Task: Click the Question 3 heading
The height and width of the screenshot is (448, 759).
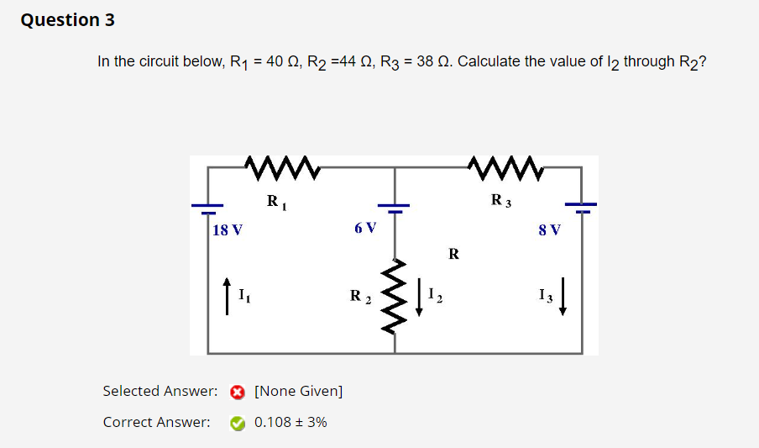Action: click(68, 20)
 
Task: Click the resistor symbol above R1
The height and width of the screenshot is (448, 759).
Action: click(281, 166)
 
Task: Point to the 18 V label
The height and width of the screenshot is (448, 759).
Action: click(228, 229)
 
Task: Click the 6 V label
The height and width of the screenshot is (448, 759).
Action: click(365, 228)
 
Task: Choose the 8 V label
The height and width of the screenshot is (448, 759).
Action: click(550, 229)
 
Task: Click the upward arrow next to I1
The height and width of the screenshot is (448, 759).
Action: click(226, 298)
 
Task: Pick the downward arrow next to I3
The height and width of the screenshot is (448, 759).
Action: click(563, 298)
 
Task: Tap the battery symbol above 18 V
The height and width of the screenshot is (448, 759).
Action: click(208, 205)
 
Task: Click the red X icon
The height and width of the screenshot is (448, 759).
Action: click(238, 392)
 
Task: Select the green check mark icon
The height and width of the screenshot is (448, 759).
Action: click(238, 423)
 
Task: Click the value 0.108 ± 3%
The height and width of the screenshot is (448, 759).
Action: click(291, 422)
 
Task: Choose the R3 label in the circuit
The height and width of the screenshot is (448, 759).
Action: click(500, 201)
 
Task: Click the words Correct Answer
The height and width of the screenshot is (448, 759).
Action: click(156, 422)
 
